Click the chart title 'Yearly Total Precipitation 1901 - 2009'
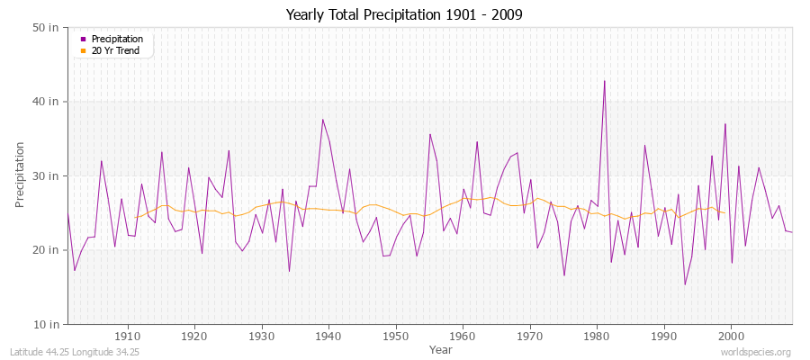404,14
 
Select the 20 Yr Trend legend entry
115,50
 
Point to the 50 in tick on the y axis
48,28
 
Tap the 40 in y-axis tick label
48,102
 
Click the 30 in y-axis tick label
48,175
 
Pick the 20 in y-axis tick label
48,249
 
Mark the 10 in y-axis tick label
48,323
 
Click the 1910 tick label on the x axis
128,336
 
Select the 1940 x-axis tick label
328,336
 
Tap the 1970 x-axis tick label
530,336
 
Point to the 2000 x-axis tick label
731,336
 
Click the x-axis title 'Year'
441,349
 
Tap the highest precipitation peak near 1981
604,81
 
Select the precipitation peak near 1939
322,120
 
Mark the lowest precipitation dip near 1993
685,284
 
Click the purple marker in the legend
84,39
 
